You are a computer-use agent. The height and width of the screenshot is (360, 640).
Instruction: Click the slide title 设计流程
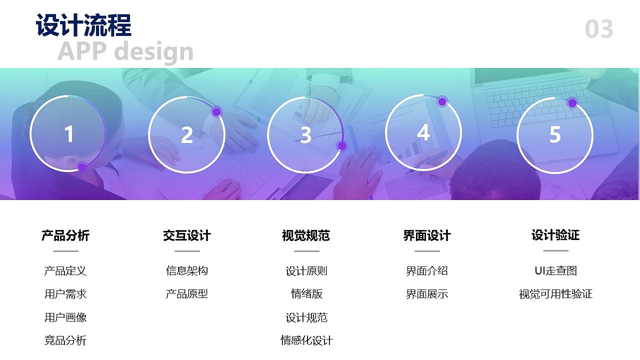point(83,25)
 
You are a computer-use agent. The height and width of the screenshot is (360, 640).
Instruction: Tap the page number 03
point(599,29)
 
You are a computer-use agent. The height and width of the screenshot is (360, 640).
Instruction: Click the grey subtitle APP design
point(125,51)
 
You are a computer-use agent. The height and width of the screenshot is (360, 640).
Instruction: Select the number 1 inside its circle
point(69,134)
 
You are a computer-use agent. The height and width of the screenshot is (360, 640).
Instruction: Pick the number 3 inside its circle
point(305,135)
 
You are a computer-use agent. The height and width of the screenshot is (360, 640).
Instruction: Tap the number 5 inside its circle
point(555,134)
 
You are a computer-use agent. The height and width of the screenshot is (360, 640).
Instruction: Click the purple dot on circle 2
point(216,112)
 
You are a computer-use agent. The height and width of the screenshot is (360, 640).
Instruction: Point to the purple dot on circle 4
point(442,102)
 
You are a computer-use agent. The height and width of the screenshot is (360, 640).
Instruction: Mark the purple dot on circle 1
point(82,167)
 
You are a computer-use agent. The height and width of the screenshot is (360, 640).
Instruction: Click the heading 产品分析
point(65,235)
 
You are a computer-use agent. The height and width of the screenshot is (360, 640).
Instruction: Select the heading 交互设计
point(187,235)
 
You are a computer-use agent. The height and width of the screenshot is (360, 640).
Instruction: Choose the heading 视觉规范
point(306,235)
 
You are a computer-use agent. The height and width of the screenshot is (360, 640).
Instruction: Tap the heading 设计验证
point(555,235)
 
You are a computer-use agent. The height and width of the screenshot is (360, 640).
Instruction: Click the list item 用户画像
point(65,317)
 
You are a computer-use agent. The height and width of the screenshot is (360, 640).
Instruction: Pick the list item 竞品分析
point(65,341)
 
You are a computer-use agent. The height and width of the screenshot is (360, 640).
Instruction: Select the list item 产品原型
point(187,294)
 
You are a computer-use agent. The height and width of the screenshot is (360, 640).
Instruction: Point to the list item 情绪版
point(306,294)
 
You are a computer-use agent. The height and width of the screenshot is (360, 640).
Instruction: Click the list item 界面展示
point(427,294)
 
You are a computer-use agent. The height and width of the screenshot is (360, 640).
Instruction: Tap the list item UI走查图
point(555,270)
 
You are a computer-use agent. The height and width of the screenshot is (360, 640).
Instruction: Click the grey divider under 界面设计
point(427,251)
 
